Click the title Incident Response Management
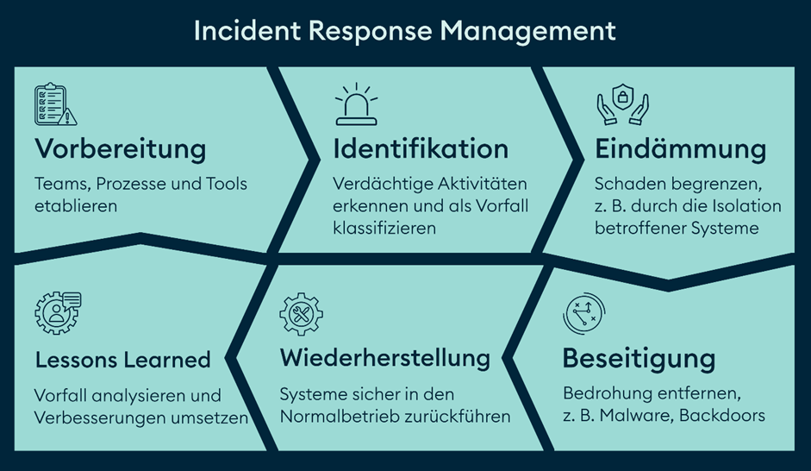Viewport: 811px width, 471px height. pos(404,31)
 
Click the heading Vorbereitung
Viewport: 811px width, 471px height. pos(121,148)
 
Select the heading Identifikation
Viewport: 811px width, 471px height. pos(421,148)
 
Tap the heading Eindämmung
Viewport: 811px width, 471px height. pos(680,148)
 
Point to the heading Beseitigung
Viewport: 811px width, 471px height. pos(639,358)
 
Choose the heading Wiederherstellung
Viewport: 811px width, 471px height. pos(385,357)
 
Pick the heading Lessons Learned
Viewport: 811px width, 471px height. pos(123,359)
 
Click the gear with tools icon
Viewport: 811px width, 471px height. pos(301,314)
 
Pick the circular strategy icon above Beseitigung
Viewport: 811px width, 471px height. pos(583,314)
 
